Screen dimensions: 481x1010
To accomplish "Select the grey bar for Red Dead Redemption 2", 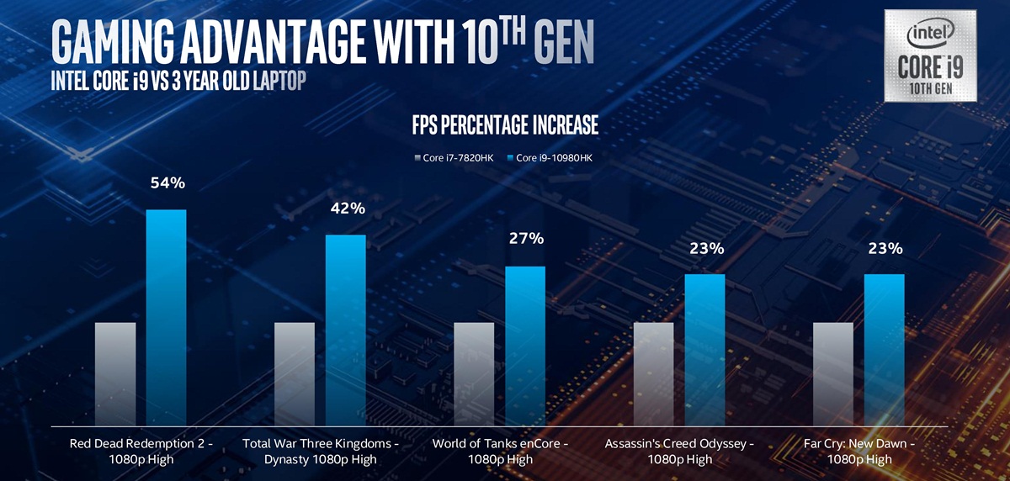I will pyautogui.click(x=115, y=373).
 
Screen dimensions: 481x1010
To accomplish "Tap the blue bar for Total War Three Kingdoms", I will pyautogui.click(x=345, y=329).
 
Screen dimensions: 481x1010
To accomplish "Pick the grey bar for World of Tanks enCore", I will pyautogui.click(x=474, y=373).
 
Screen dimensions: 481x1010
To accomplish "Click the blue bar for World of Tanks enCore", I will pyautogui.click(x=524, y=345).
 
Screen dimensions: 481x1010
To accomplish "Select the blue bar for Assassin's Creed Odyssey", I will pyautogui.click(x=704, y=348).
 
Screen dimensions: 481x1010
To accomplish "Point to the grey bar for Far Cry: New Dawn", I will pyautogui.click(x=833, y=373).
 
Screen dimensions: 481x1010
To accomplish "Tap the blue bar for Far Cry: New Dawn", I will pyautogui.click(x=884, y=348).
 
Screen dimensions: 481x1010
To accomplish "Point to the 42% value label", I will pyautogui.click(x=347, y=209).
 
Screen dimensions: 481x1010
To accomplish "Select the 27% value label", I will pyautogui.click(x=526, y=240).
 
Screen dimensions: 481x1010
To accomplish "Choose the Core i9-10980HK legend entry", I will pyautogui.click(x=549, y=157).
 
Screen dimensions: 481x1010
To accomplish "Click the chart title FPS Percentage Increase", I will pyautogui.click(x=505, y=126).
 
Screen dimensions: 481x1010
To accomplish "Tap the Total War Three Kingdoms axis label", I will pyautogui.click(x=321, y=451).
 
